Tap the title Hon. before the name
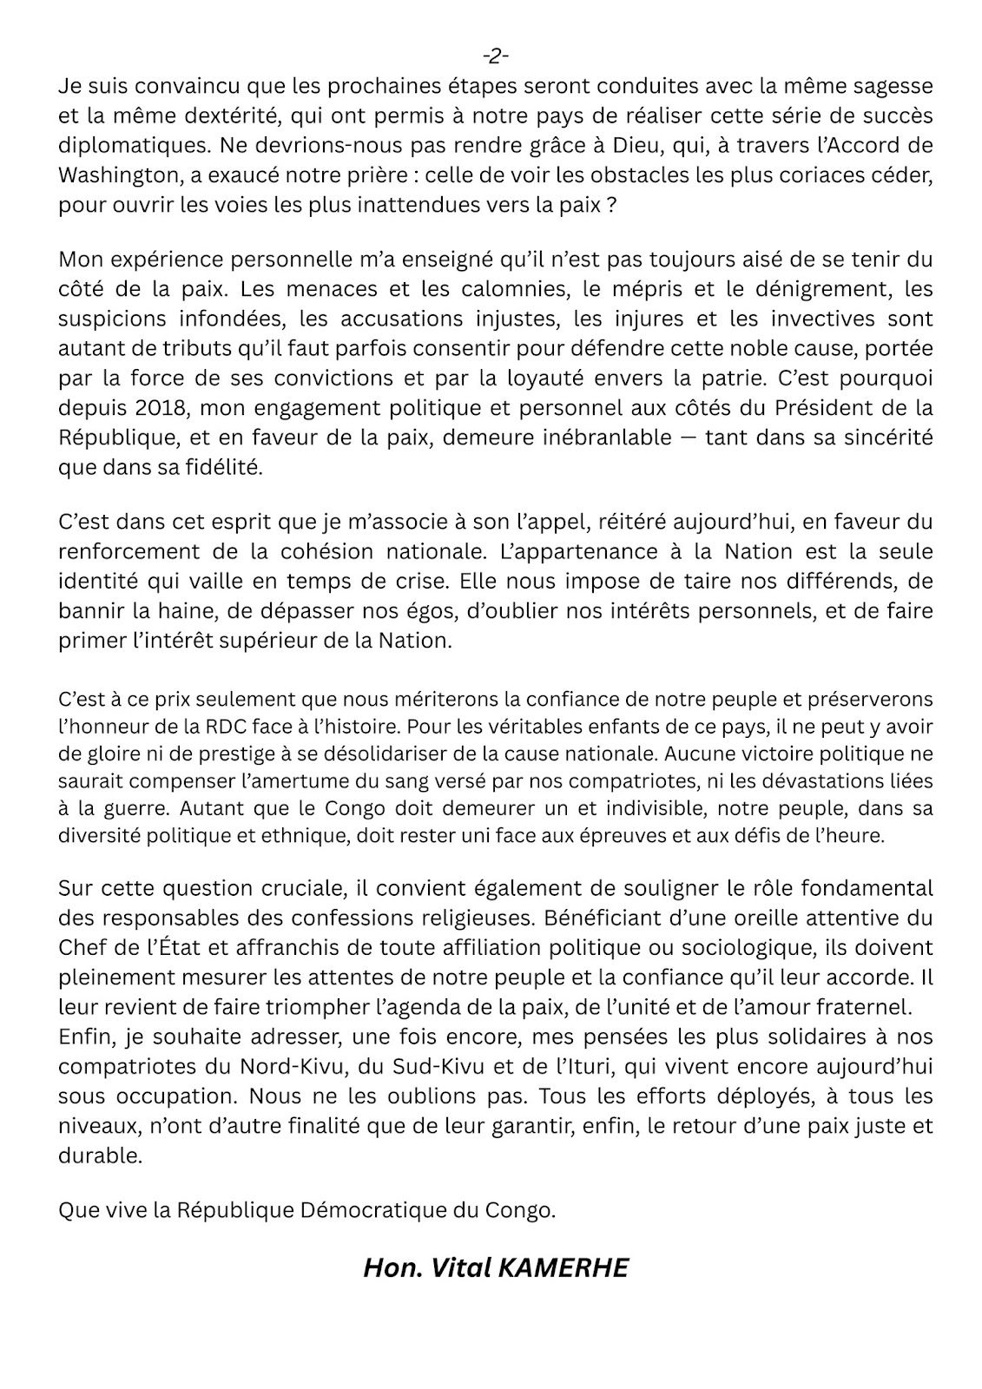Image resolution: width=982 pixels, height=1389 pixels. (392, 1268)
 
